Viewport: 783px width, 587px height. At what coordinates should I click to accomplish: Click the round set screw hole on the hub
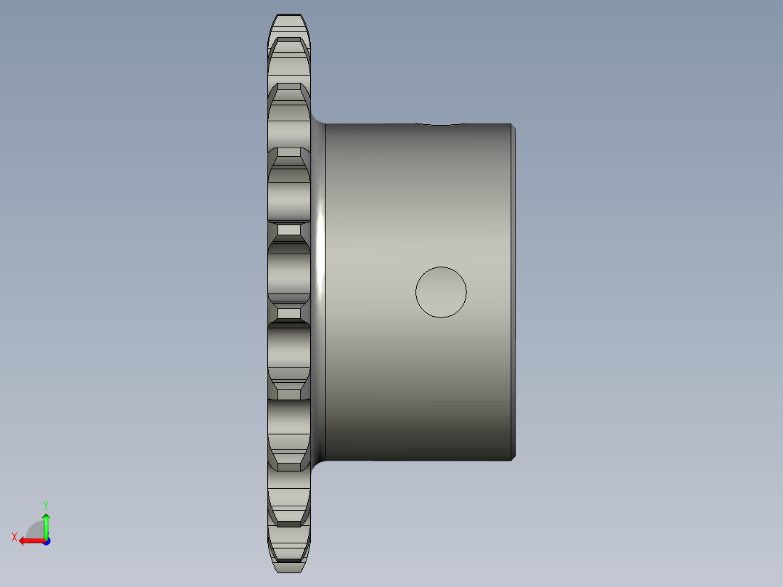[x=441, y=292]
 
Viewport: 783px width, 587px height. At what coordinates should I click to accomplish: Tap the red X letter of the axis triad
[x=14, y=537]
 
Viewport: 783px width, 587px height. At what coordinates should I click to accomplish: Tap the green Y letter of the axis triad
[x=45, y=503]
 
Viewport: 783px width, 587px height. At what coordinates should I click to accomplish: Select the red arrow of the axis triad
[x=29, y=541]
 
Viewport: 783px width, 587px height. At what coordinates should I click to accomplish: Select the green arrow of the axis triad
[x=46, y=524]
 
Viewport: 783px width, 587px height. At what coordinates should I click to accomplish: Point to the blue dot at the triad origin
[x=46, y=541]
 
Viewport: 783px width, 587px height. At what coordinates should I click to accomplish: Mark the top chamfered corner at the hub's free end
[x=514, y=128]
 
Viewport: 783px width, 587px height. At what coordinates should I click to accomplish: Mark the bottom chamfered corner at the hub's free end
[x=514, y=457]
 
